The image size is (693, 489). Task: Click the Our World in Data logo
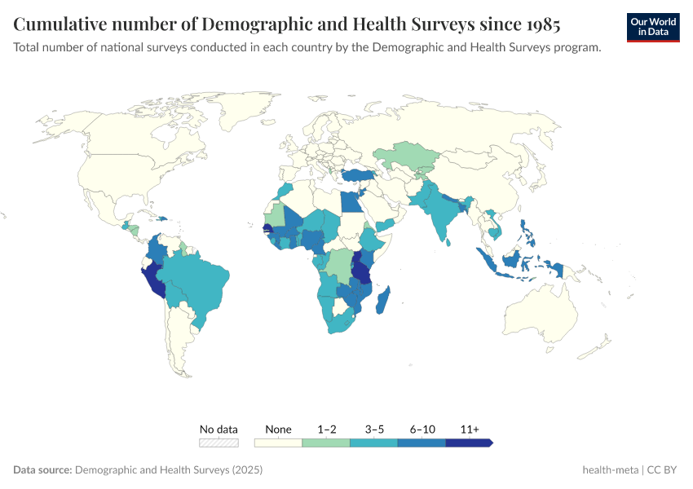pos(653,27)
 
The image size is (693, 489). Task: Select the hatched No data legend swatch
pos(218,443)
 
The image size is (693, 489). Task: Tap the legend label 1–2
pos(326,429)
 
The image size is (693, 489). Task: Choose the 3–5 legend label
pos(373,429)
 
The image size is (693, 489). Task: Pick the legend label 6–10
pos(422,429)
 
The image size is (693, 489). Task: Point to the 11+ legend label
pos(470,429)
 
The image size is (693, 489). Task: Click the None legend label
pos(278,429)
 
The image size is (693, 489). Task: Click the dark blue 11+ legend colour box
pos(469,443)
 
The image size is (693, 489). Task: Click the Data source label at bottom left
pos(42,470)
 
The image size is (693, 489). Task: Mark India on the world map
pos(441,218)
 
